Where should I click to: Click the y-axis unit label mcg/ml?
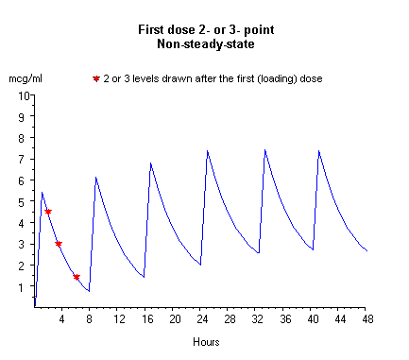26,78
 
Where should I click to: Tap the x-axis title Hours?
206,340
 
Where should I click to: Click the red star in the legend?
95,78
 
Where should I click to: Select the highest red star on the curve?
48,212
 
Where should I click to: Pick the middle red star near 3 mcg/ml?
59,244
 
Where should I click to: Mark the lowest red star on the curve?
77,277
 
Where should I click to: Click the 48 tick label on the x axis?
366,319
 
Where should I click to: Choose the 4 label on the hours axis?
62,319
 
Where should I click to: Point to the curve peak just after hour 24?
207,150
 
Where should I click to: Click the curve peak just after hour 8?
95,178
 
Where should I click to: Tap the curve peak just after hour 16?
150,163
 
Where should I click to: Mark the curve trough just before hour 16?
144,277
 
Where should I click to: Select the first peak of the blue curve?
42,193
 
